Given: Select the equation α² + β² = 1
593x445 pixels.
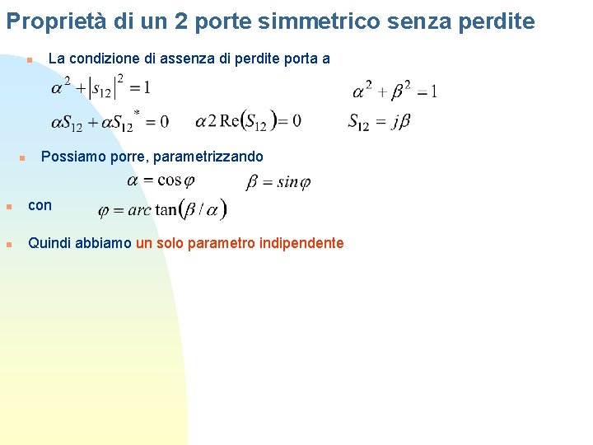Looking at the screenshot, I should click(395, 89).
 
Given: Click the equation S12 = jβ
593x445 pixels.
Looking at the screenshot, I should click(379, 122).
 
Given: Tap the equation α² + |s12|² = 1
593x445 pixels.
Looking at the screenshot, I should click(100, 86).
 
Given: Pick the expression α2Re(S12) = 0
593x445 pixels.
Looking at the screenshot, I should click(248, 121).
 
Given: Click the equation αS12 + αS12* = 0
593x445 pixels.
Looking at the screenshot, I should click(110, 121).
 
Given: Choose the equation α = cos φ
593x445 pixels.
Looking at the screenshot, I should click(161, 180).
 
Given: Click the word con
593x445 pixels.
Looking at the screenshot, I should click(40, 205).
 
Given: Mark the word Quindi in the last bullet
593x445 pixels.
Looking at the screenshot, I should click(48, 243).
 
